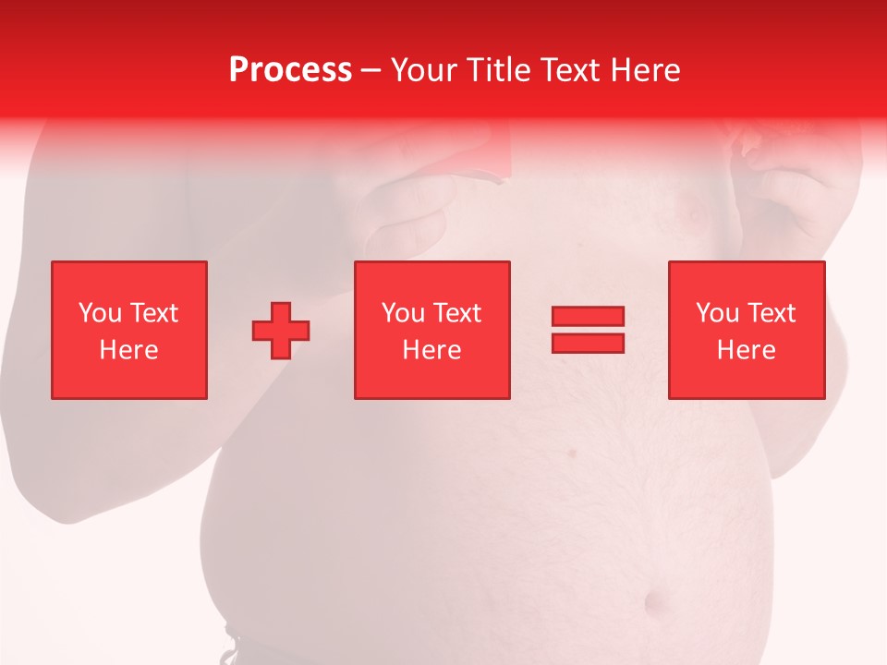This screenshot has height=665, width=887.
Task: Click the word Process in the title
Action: (x=290, y=70)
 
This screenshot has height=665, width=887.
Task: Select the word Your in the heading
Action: (x=426, y=70)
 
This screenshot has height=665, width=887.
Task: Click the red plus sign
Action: (x=281, y=330)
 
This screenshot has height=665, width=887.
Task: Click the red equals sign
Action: (x=588, y=330)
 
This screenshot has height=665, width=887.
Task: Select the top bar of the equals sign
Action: (x=588, y=317)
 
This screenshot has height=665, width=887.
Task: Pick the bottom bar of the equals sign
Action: (x=588, y=343)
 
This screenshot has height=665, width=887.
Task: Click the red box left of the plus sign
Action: (x=129, y=330)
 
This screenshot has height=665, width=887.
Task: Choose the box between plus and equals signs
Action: (x=432, y=330)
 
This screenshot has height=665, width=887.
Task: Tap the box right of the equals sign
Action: (x=747, y=330)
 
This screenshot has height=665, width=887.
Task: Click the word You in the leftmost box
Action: (x=99, y=313)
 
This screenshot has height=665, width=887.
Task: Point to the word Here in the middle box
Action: (x=432, y=350)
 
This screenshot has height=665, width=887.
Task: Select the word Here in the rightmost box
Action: (x=747, y=350)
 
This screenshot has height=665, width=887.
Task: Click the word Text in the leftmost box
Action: (x=152, y=313)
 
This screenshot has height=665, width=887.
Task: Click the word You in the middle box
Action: (x=402, y=313)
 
